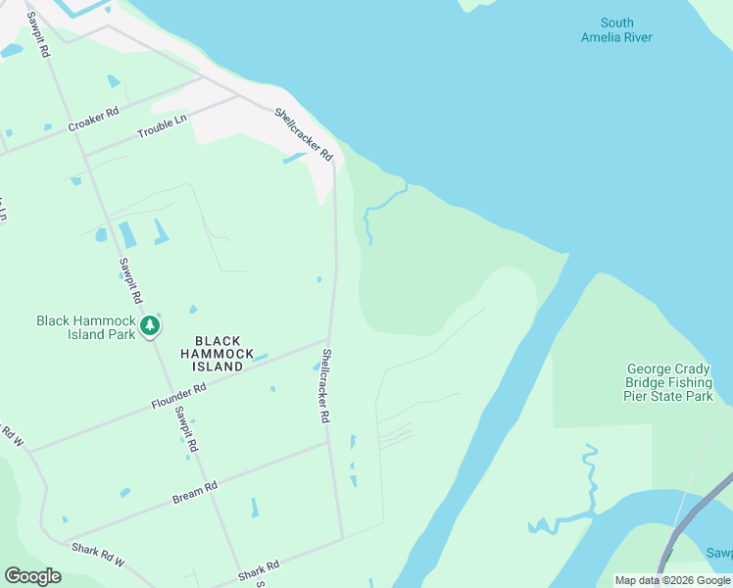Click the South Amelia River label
pyautogui.click(x=616, y=30)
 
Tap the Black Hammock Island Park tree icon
pyautogui.click(x=150, y=325)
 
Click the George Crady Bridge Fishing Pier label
pyautogui.click(x=669, y=383)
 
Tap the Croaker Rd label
pyautogui.click(x=93, y=120)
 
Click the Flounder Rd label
pyautogui.click(x=178, y=396)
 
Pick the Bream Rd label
pyautogui.click(x=194, y=492)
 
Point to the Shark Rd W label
pyautogui.click(x=99, y=555)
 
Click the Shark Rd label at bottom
pyautogui.click(x=259, y=570)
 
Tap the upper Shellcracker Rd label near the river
pyautogui.click(x=304, y=134)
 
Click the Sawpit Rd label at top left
pyautogui.click(x=38, y=34)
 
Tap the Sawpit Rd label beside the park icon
pyautogui.click(x=130, y=279)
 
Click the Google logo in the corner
pyautogui.click(x=32, y=576)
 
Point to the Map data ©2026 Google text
pyautogui.click(x=672, y=580)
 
